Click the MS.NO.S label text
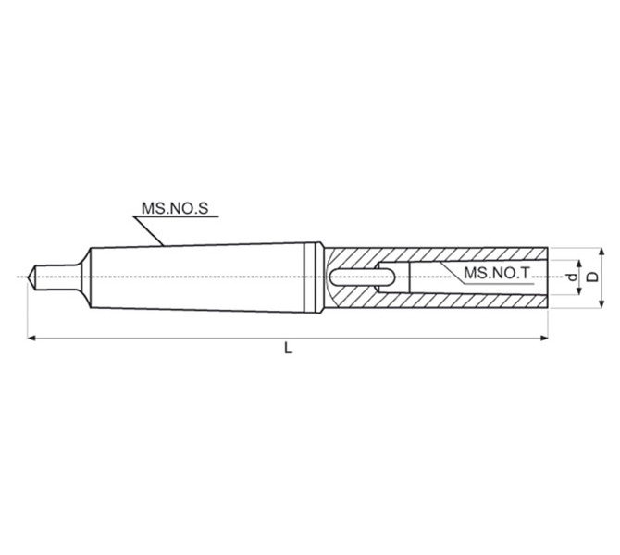[x=175, y=208]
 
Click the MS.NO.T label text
[x=496, y=273]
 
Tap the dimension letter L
[x=288, y=348]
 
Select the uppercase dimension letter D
[x=592, y=277]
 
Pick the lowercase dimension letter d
[x=571, y=277]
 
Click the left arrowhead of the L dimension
[x=31, y=338]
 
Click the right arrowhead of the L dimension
[x=544, y=338]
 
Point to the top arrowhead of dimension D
[x=601, y=252]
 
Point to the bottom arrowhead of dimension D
[x=601, y=303]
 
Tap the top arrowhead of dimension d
[x=579, y=265]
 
